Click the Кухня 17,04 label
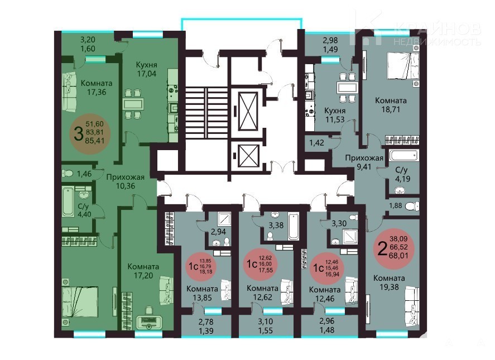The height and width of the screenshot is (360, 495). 146,69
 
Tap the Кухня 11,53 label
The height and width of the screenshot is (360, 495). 335,115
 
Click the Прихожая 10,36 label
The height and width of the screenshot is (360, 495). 126,181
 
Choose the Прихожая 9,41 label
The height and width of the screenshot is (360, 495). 364,162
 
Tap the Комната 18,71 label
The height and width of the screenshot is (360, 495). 391,105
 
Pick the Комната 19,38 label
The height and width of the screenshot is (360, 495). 389,282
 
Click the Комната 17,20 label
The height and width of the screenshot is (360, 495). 143,271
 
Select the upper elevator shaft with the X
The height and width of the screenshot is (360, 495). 248,111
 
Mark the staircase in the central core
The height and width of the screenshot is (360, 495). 206,113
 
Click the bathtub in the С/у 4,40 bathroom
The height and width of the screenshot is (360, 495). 68,203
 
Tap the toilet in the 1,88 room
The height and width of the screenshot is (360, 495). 412,206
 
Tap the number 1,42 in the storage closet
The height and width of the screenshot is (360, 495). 316,143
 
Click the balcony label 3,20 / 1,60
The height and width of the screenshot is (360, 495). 88,44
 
